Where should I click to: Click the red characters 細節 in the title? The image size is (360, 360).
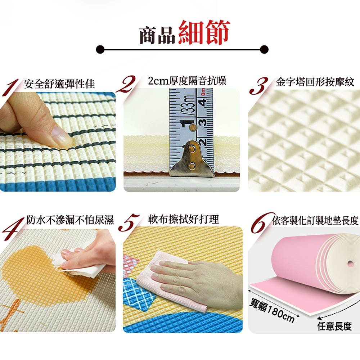point(204,32)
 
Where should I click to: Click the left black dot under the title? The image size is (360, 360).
point(100,49)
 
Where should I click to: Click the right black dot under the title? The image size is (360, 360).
point(264,49)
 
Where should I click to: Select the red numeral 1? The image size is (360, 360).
point(10,87)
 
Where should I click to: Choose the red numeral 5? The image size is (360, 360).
point(129,222)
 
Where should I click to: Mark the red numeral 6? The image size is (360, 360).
point(262,223)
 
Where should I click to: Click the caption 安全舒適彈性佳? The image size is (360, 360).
point(59,84)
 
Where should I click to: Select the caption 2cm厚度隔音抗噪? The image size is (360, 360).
point(187,81)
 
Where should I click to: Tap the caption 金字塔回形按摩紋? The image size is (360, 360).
point(315,82)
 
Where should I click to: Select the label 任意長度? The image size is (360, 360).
point(334,326)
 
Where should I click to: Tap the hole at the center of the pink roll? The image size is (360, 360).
point(350,264)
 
